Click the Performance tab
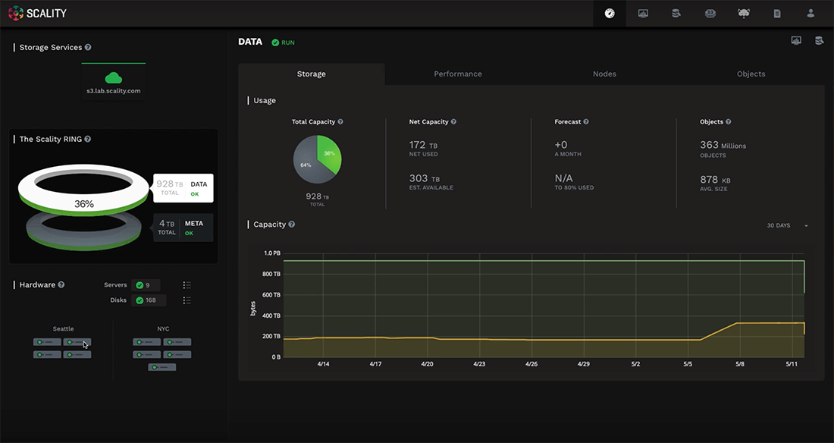pyautogui.click(x=457, y=74)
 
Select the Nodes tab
pyautogui.click(x=604, y=74)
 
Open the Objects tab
pyautogui.click(x=751, y=74)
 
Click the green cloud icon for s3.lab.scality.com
pyautogui.click(x=114, y=77)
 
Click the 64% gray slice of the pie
pyautogui.click(x=307, y=165)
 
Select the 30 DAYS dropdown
pyautogui.click(x=788, y=225)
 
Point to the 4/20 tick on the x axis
pyautogui.click(x=427, y=364)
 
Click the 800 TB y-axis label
pyautogui.click(x=271, y=274)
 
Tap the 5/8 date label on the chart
pyautogui.click(x=739, y=364)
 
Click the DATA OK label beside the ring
pyautogui.click(x=198, y=188)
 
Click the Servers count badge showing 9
pyautogui.click(x=145, y=285)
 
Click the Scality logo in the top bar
pyautogui.click(x=37, y=13)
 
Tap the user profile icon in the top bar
pyautogui.click(x=810, y=13)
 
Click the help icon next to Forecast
pyautogui.click(x=586, y=121)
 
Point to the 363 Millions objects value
pyautogui.click(x=722, y=145)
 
